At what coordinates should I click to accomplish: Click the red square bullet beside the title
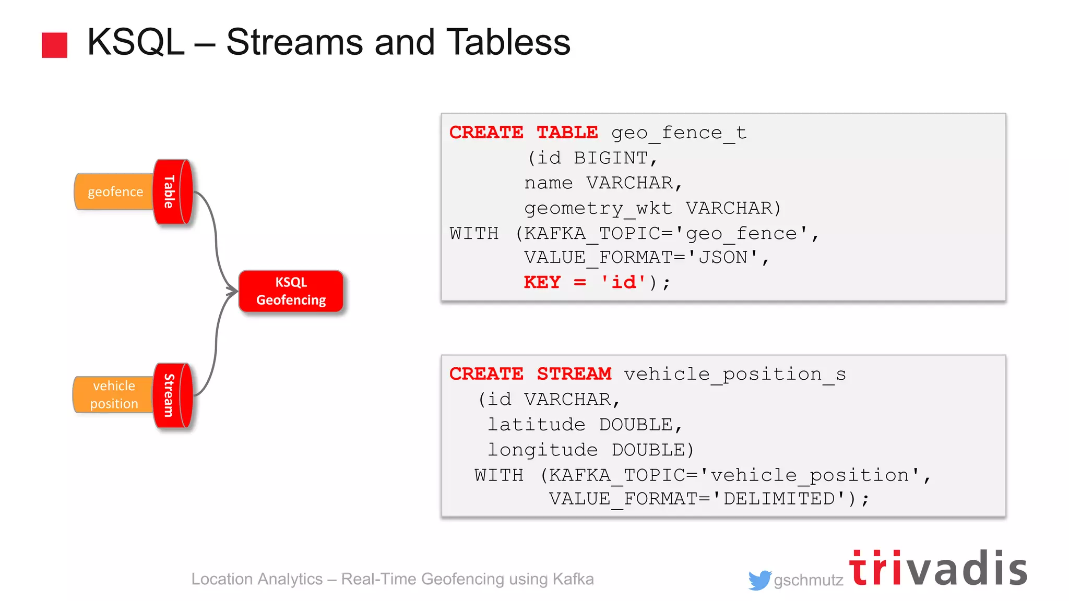point(54,45)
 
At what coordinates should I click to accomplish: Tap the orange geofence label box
point(115,192)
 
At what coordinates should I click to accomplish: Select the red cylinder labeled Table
point(172,192)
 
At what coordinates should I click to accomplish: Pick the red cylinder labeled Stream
point(172,395)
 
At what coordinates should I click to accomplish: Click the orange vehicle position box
point(114,395)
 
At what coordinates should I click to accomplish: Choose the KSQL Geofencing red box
point(291,291)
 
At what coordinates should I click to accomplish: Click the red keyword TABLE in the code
point(567,133)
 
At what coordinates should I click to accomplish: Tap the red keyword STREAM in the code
point(574,374)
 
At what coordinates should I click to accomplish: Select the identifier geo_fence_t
point(679,133)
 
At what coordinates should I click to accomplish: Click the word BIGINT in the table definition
point(611,158)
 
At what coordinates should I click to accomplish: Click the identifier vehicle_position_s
point(734,374)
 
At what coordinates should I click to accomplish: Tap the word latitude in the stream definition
point(536,424)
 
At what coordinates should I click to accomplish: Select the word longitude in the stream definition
point(542,449)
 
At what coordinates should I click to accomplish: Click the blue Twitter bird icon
point(759,580)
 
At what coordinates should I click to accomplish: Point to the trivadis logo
point(938,568)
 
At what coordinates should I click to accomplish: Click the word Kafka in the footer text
point(573,579)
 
